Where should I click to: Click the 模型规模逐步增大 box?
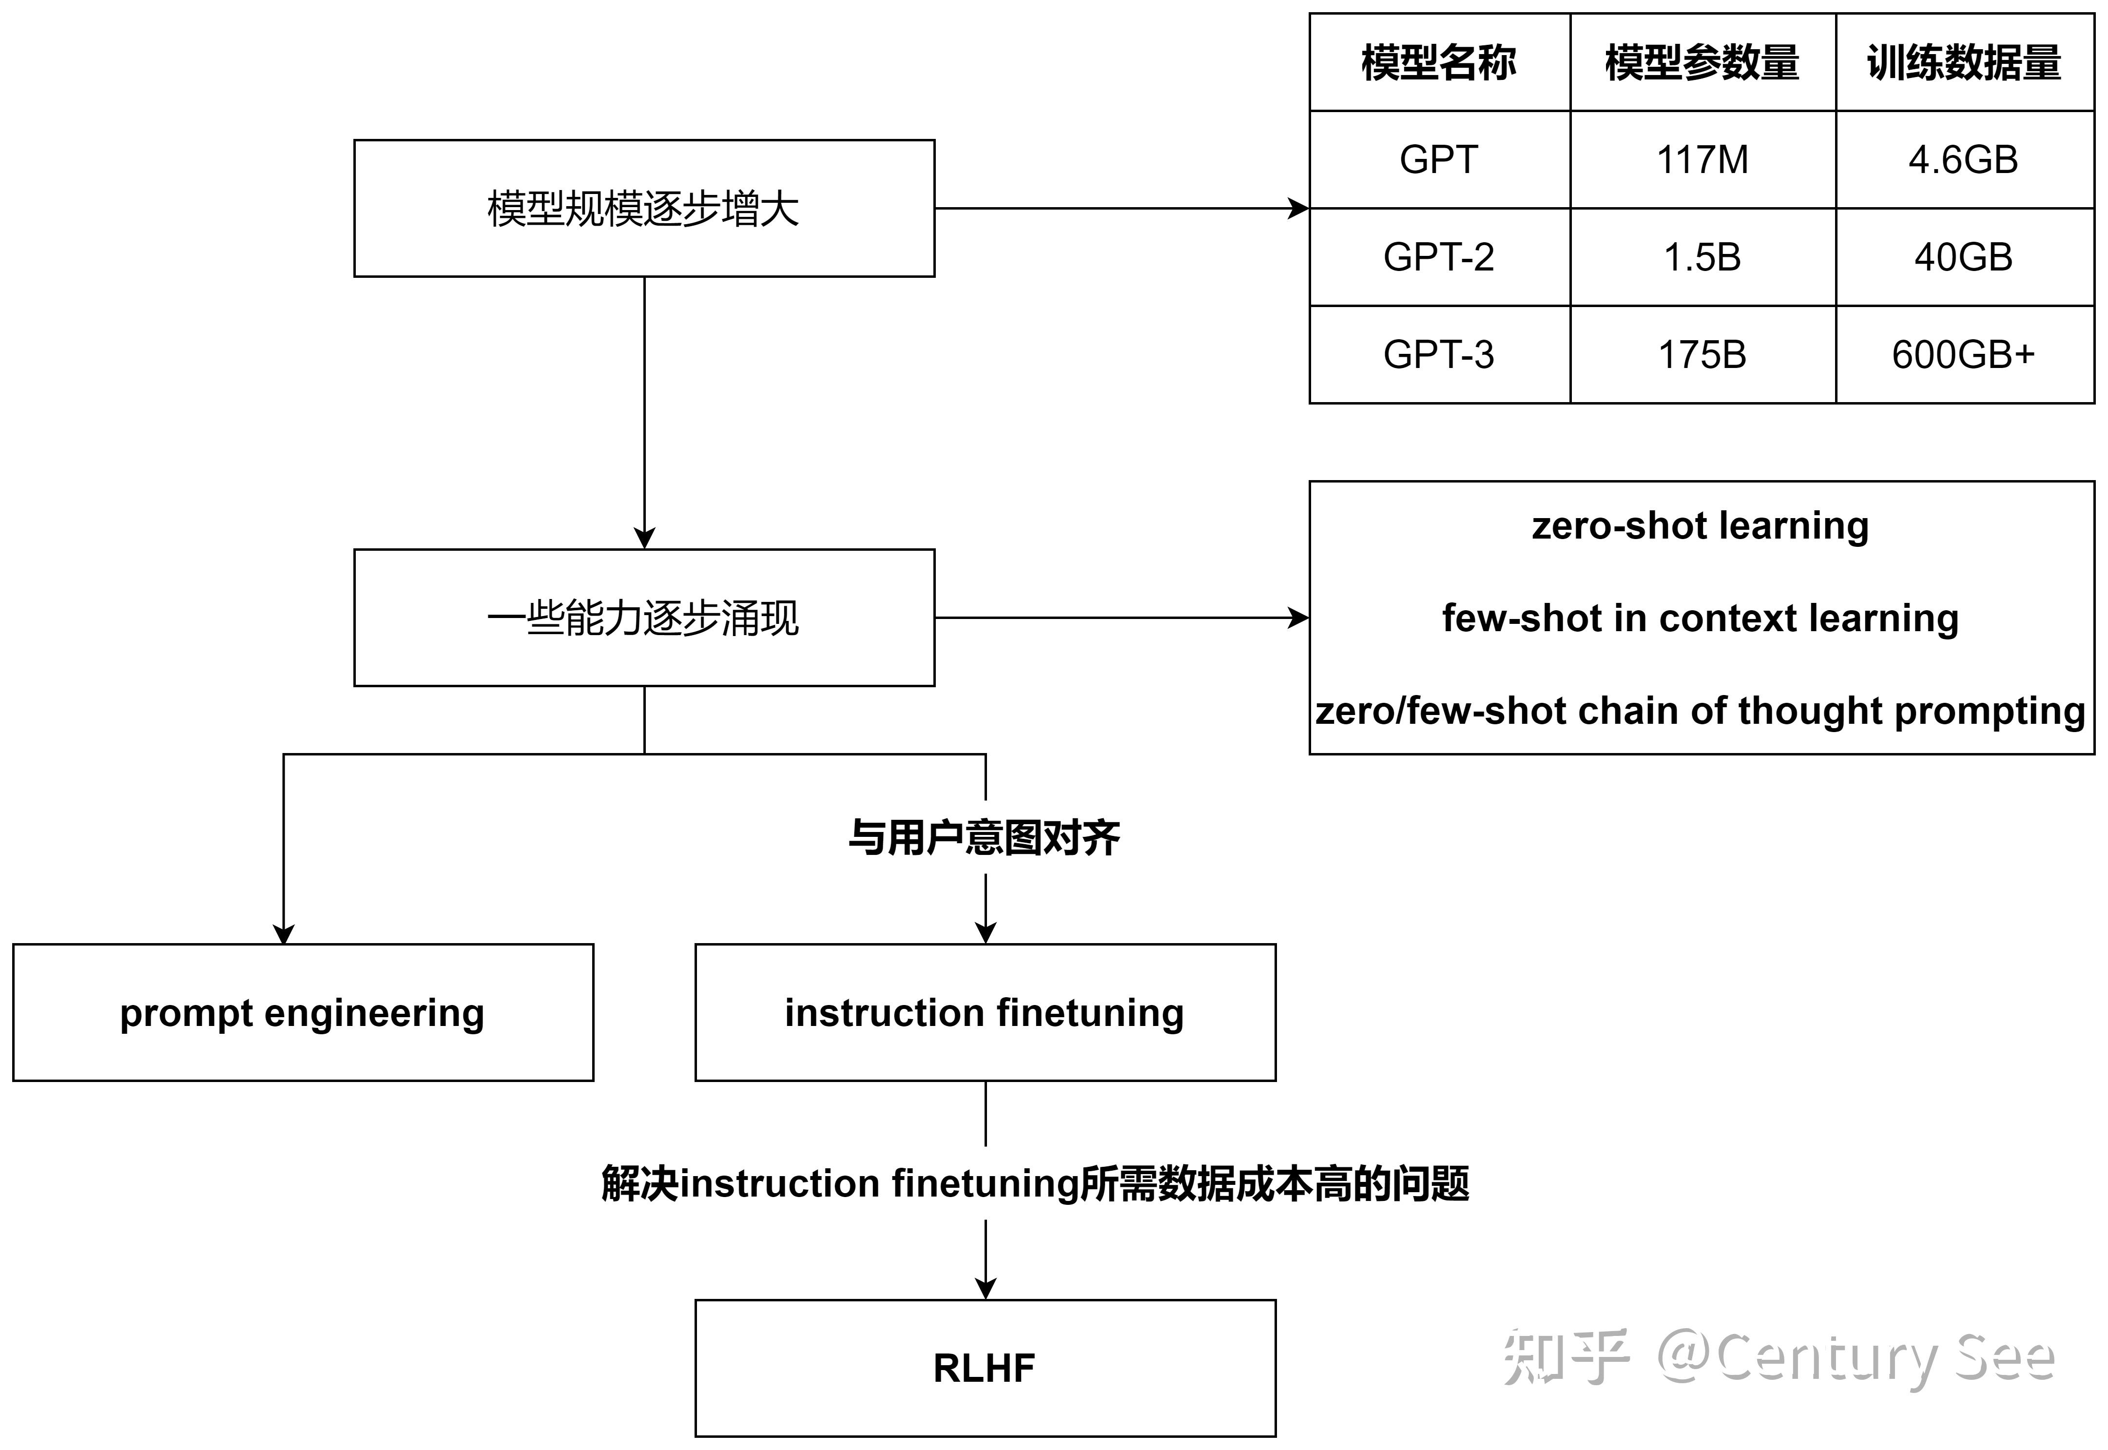point(644,208)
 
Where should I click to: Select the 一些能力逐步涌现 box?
point(644,618)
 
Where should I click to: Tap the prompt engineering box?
point(303,1013)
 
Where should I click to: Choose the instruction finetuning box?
point(986,1013)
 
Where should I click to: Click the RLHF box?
point(986,1368)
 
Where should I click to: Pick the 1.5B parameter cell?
point(1703,257)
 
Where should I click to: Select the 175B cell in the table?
point(1703,354)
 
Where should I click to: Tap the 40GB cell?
point(1964,257)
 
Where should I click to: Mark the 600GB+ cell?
point(1964,354)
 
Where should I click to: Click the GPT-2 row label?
point(1439,257)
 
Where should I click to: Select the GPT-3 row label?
point(1439,354)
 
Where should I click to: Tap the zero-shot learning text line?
point(1701,526)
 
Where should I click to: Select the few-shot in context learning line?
point(1701,619)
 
